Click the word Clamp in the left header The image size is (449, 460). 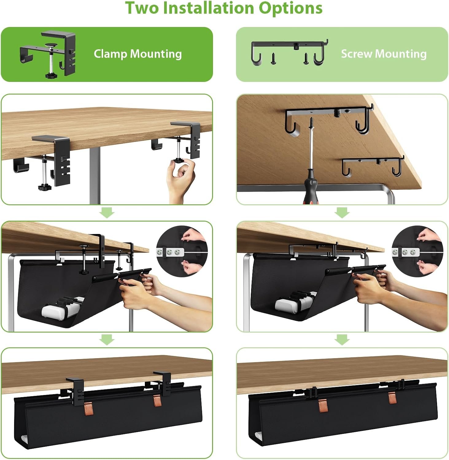pyautogui.click(x=110, y=54)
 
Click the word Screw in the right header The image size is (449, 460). pyautogui.click(x=357, y=54)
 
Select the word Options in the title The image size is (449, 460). pyautogui.click(x=290, y=8)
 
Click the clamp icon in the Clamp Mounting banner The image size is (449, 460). pyautogui.click(x=48, y=54)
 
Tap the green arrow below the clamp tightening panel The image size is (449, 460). pyautogui.click(x=107, y=212)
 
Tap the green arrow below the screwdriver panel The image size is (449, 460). pyautogui.click(x=342, y=212)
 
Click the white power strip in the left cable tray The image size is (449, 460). pyautogui.click(x=63, y=308)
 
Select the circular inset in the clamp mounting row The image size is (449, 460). pyautogui.click(x=182, y=251)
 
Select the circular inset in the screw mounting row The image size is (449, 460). pyautogui.click(x=417, y=251)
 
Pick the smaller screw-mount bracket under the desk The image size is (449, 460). pyautogui.click(x=373, y=166)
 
